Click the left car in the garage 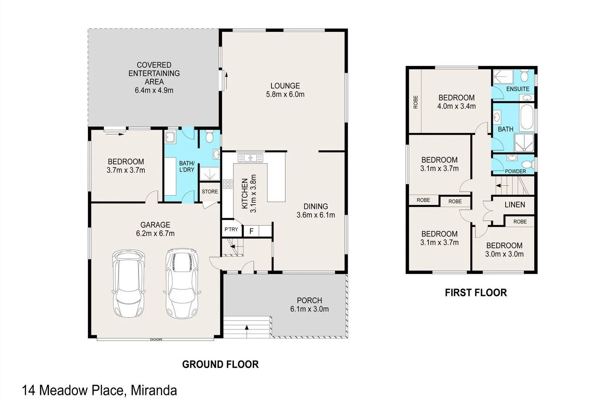129,283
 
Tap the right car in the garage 182,283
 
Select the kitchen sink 250,158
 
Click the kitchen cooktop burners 228,184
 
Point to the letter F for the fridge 251,231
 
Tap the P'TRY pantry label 231,229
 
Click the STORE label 210,191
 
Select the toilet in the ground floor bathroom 209,137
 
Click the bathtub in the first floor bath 527,117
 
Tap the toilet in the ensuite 524,76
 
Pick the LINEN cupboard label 515,205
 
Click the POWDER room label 515,171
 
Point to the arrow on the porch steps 247,331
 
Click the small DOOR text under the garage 156,339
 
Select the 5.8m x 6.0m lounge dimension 285,94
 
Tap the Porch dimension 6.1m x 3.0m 309,309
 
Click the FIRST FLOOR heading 476,292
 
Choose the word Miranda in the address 154,391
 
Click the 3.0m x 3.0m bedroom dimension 504,254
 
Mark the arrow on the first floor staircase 502,185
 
